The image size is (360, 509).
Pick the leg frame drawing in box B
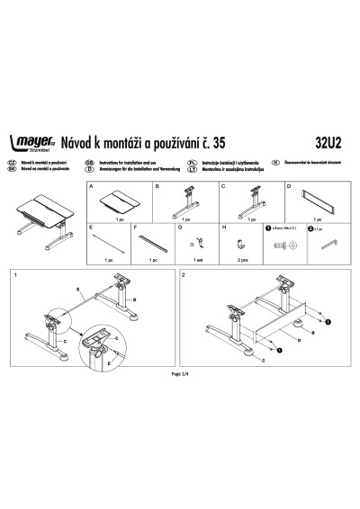[x=187, y=200]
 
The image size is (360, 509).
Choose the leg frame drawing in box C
[x=252, y=200]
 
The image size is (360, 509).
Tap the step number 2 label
[x=184, y=273]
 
